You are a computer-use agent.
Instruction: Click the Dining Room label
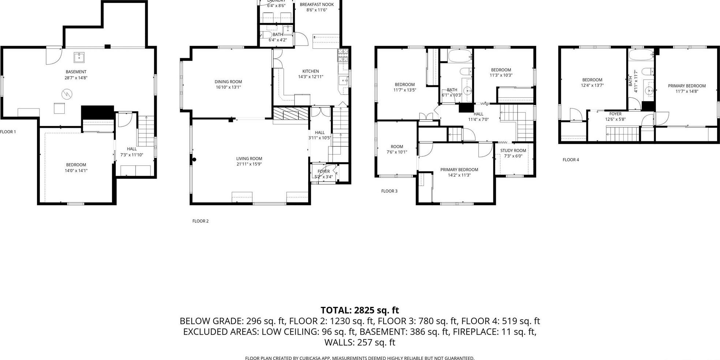[x=228, y=82]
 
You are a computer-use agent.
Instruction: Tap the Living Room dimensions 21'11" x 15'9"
[x=249, y=164]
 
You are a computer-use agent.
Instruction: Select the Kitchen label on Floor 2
[x=310, y=71]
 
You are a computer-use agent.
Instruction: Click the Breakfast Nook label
[x=317, y=4]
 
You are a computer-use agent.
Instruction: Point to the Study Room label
[x=513, y=151]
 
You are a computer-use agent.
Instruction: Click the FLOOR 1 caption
[x=8, y=132]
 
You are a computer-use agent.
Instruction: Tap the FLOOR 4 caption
[x=571, y=160]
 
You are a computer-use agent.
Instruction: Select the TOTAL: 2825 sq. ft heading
[x=359, y=310]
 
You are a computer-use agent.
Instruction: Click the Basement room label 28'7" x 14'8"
[x=76, y=75]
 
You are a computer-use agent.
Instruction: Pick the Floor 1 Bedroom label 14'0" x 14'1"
[x=76, y=167]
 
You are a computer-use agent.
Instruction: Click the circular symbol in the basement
[x=67, y=94]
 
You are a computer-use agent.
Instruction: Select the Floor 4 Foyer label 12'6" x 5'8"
[x=615, y=116]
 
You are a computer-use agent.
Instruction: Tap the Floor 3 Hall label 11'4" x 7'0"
[x=478, y=116]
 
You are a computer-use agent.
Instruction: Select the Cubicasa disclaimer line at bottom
[x=359, y=358]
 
